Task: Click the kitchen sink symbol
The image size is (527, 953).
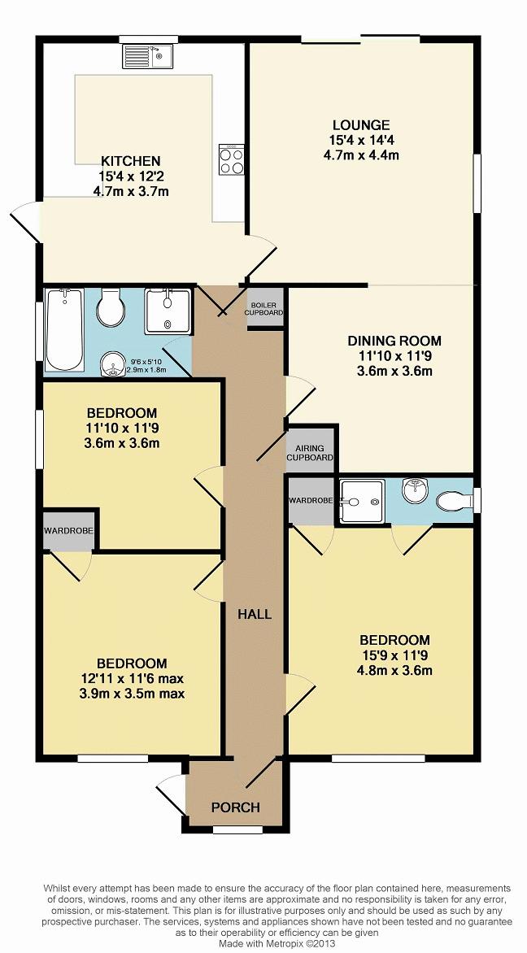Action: pyautogui.click(x=148, y=57)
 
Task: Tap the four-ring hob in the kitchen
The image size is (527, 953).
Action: pyautogui.click(x=232, y=160)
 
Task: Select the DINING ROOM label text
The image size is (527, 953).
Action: pyautogui.click(x=394, y=341)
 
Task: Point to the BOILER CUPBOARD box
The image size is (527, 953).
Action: pyautogui.click(x=264, y=309)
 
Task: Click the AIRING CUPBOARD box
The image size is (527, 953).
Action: pyautogui.click(x=310, y=450)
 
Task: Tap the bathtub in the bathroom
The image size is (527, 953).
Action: pyautogui.click(x=64, y=329)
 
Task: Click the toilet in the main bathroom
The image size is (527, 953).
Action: pyautogui.click(x=111, y=307)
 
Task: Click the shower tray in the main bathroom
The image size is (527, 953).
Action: pyautogui.click(x=168, y=311)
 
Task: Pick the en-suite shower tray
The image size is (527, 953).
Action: pyautogui.click(x=362, y=502)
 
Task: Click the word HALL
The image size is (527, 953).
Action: pyautogui.click(x=254, y=614)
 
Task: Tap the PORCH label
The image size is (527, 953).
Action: pyautogui.click(x=235, y=807)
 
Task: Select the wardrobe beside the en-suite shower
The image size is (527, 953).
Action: pyautogui.click(x=311, y=501)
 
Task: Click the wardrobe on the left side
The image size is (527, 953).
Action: pyautogui.click(x=68, y=531)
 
